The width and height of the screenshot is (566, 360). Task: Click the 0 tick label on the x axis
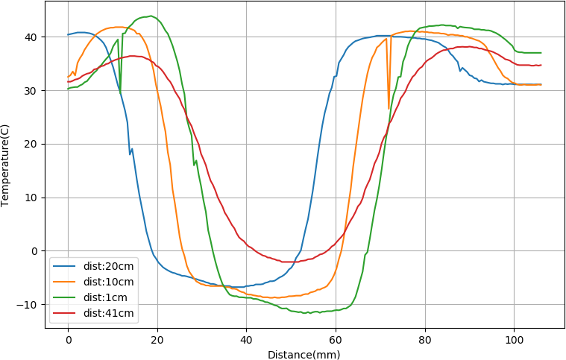tap(68, 340)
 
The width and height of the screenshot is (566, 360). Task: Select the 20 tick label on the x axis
tap(157, 340)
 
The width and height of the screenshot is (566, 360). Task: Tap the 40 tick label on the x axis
tap(246, 340)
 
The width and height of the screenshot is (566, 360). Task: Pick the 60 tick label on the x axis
tap(335, 340)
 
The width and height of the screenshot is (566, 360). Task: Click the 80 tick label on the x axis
tap(424, 340)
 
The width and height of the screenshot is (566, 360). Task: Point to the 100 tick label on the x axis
tap(513, 340)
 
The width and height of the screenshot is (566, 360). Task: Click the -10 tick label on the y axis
tap(29, 305)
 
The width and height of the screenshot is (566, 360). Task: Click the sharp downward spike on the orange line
tap(389, 109)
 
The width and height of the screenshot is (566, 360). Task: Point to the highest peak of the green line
tap(151, 16)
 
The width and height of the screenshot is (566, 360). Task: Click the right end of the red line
tap(541, 65)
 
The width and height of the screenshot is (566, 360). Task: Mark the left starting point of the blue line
tap(68, 35)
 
